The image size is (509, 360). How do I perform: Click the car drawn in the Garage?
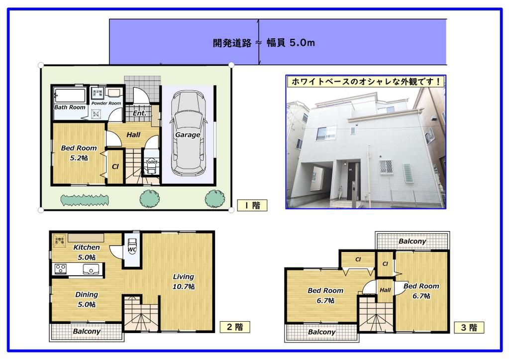188,134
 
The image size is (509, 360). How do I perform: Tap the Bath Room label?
70,108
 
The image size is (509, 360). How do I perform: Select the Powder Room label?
106,103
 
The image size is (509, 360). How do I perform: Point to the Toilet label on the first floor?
151,162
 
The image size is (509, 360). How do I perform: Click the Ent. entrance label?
139,114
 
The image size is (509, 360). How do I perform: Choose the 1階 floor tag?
252,205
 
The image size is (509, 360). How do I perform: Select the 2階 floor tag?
234,327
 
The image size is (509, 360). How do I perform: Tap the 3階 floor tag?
469,328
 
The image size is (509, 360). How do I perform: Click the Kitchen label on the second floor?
87,247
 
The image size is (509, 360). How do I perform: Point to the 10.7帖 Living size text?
184,287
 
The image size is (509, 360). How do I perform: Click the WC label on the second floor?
132,249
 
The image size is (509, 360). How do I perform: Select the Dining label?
87,295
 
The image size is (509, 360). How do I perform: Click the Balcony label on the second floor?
87,331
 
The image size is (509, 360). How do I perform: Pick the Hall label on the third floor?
385,290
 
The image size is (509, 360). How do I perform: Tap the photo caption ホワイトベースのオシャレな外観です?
366,82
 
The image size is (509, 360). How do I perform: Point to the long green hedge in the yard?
85,200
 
